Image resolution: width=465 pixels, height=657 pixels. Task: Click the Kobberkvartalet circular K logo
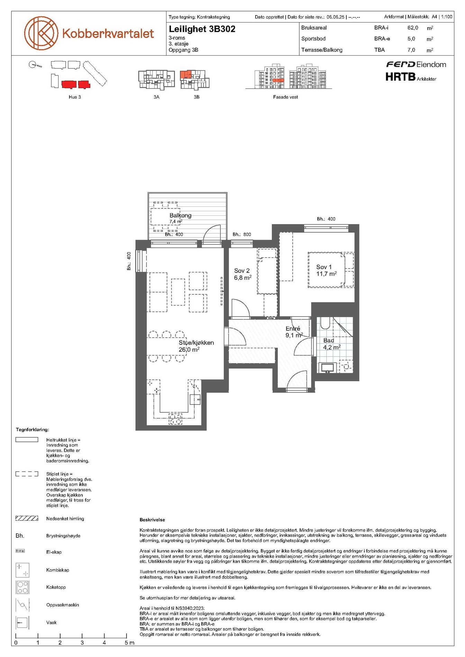point(41,33)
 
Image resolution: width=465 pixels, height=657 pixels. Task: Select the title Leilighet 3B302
point(202,29)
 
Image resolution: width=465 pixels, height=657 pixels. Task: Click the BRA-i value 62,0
point(413,28)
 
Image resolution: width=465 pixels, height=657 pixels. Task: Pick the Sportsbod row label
point(313,39)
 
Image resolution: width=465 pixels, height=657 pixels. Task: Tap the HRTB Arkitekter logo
point(411,77)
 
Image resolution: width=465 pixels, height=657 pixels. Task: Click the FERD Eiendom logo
point(416,64)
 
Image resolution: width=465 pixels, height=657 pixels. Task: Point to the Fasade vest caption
point(285,97)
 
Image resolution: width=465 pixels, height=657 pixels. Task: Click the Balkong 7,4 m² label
point(180,218)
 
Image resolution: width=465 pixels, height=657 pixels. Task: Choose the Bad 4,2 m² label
point(332,344)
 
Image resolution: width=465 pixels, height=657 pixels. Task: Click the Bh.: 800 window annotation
point(242,234)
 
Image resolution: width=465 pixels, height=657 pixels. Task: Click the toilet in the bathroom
point(325,323)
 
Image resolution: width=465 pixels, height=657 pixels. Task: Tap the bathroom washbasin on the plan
point(327,367)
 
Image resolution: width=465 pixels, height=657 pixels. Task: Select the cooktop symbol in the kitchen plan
point(175,419)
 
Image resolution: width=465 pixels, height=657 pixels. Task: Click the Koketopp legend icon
point(22,587)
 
